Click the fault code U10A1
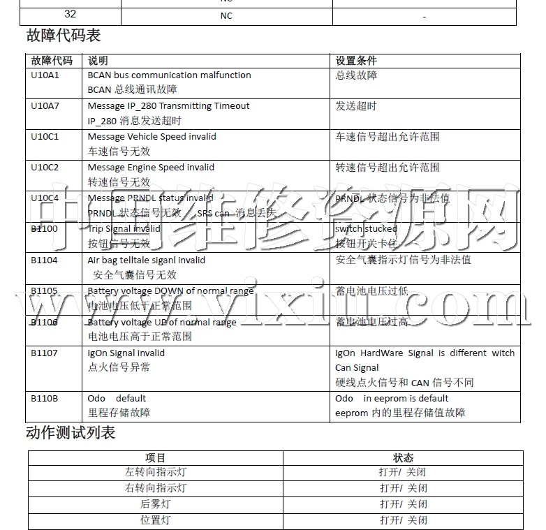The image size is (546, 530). click(45, 75)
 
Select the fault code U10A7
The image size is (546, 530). click(45, 106)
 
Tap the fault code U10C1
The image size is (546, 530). click(45, 137)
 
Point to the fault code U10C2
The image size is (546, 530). click(45, 168)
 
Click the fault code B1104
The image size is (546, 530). click(45, 260)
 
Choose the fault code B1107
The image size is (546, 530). click(45, 353)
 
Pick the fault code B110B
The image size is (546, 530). click(45, 399)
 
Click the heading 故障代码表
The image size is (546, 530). click(63, 36)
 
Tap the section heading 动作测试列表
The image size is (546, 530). click(70, 432)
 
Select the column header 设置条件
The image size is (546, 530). click(356, 61)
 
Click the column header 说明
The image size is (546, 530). click(98, 61)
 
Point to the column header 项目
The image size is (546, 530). click(155, 458)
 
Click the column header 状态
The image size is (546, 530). click(403, 458)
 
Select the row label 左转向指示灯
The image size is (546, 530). click(155, 473)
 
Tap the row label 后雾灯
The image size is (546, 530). click(155, 504)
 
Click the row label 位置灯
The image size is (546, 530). click(155, 520)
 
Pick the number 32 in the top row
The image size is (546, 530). click(71, 15)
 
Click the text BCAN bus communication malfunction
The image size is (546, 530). click(169, 75)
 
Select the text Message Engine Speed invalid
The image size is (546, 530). click(151, 168)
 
